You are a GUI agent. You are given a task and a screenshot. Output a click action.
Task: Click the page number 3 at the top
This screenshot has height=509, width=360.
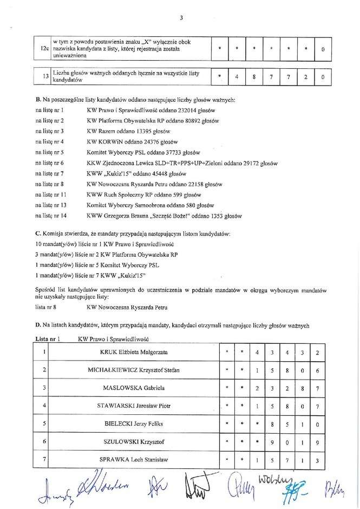(181, 17)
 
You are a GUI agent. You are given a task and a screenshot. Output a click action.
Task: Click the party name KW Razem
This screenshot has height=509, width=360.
(100, 132)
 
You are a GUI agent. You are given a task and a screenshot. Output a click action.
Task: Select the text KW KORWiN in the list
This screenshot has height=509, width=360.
(105, 142)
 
